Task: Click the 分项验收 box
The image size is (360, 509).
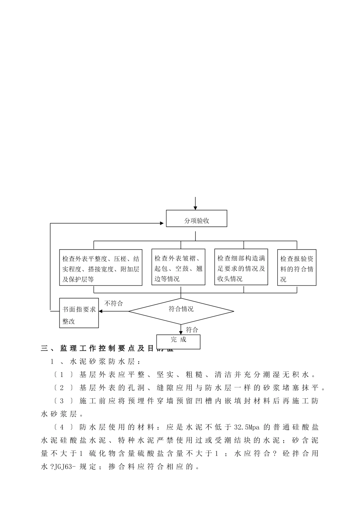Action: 196,219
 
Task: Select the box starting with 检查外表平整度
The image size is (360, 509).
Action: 101,267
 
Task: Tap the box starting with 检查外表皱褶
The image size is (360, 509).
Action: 178,267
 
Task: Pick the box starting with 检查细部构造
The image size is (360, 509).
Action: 241,267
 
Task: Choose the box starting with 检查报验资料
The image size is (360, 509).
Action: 297,267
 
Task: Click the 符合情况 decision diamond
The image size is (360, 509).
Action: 181,311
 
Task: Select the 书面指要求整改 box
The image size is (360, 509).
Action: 79,313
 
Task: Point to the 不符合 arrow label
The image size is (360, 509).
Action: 114,303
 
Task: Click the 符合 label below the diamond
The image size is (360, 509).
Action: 192,330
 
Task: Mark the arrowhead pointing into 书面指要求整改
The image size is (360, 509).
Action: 101,311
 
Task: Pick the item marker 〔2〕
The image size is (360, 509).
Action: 63,388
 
